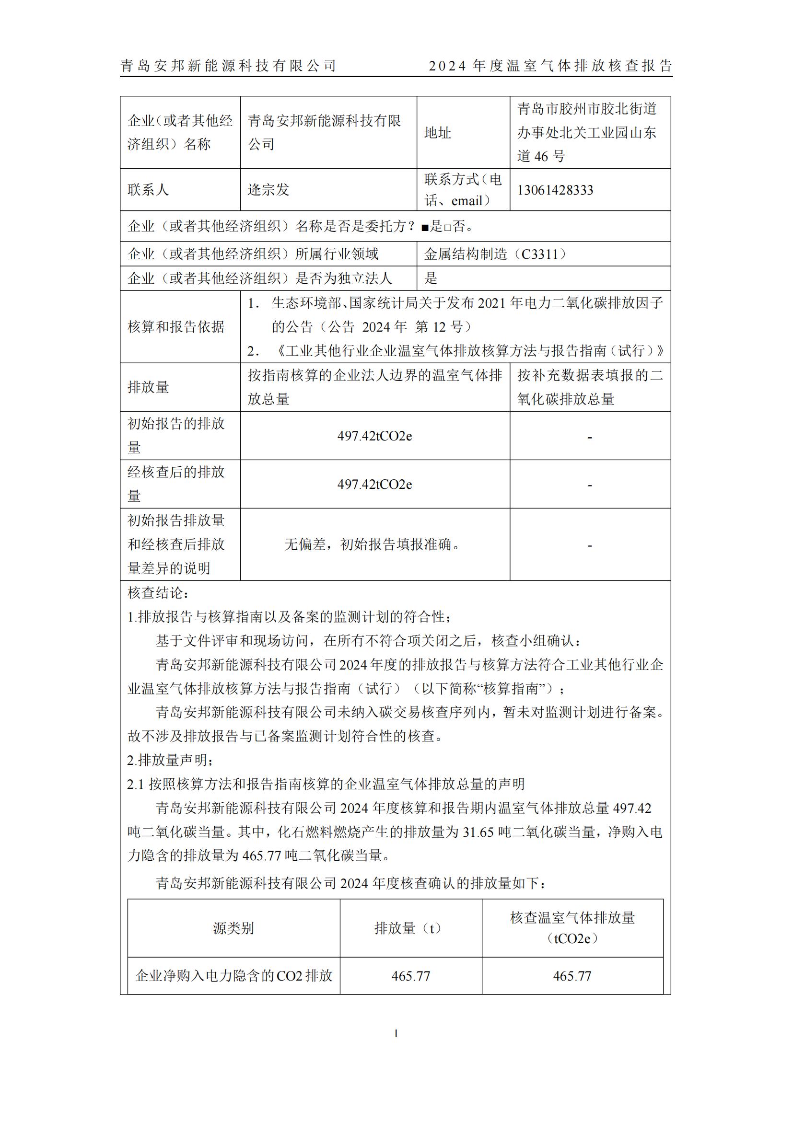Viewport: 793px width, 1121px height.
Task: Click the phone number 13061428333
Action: pos(555,190)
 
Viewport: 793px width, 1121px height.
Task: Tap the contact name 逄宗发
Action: pos(268,190)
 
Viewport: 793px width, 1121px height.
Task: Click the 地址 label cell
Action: pos(438,133)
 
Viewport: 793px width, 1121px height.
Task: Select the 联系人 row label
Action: pos(148,190)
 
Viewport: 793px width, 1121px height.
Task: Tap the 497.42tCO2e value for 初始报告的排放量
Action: pos(374,436)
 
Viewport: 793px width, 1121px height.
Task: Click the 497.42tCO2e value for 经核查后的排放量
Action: pos(374,485)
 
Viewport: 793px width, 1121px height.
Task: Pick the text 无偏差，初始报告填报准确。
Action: pos(374,544)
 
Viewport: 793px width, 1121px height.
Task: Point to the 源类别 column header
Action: pos(233,928)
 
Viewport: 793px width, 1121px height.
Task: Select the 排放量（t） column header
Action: pos(410,928)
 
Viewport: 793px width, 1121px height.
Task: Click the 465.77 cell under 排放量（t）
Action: pos(411,976)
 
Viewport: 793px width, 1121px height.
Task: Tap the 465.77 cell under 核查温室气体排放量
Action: pos(572,976)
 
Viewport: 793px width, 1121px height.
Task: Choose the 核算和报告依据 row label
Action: pos(176,327)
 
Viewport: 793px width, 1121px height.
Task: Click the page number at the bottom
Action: pos(396,1034)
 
